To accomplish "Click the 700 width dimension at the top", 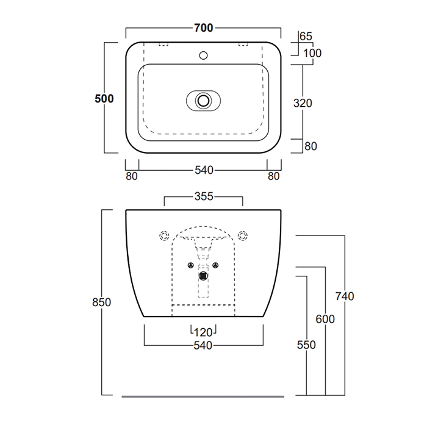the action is pos(203,28).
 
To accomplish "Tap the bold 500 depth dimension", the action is pos(104,99).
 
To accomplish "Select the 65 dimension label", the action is pos(306,36).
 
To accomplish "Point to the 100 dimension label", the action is pos(312,53).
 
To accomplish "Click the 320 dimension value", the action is pos(303,103).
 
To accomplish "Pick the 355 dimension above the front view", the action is pos(204,196).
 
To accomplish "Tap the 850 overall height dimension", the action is pos(102,303).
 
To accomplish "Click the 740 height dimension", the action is pos(345,296).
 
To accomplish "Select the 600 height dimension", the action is pos(325,319).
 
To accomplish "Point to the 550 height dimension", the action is pos(306,345).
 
